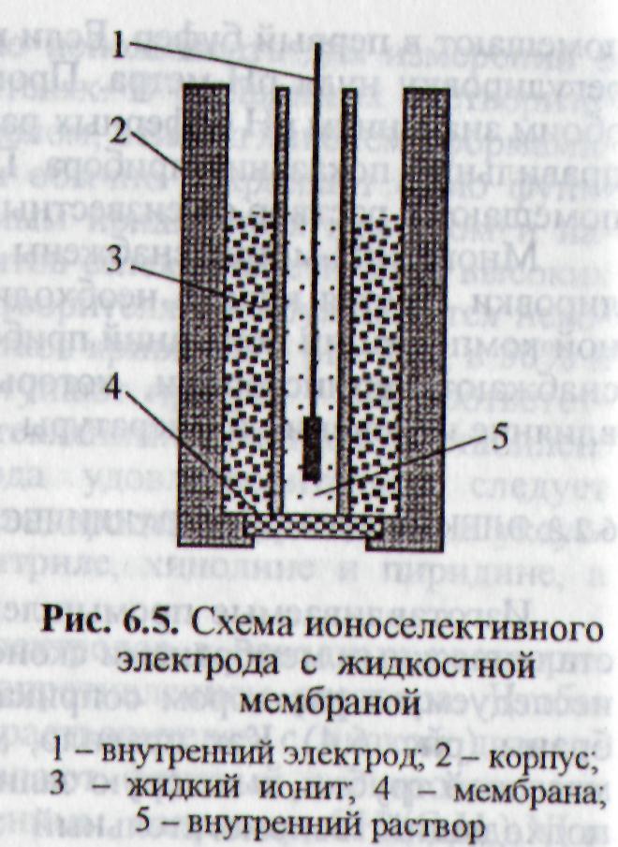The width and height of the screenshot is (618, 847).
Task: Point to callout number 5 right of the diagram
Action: pyautogui.click(x=499, y=438)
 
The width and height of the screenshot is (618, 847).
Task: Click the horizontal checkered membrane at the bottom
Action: pyautogui.click(x=309, y=525)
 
